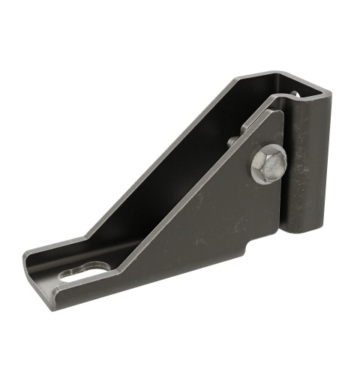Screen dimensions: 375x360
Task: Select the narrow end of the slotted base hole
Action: click(x=69, y=274)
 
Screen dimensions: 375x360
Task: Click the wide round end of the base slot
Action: click(x=96, y=265)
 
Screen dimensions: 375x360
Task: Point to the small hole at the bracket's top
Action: click(x=295, y=94)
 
